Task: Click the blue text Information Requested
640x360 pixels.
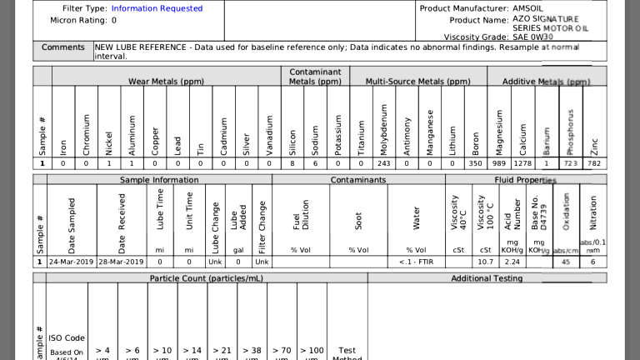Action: pyautogui.click(x=157, y=8)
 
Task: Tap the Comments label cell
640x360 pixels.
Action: pyautogui.click(x=63, y=47)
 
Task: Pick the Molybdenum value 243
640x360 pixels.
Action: pyautogui.click(x=384, y=163)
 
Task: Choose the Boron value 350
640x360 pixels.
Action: pyautogui.click(x=475, y=163)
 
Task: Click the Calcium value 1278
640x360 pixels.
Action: pyautogui.click(x=522, y=163)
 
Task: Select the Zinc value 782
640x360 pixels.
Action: pyautogui.click(x=593, y=163)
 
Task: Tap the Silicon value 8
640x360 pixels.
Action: pyautogui.click(x=292, y=163)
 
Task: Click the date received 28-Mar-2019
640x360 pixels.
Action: pyautogui.click(x=122, y=262)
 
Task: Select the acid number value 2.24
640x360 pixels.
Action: pyautogui.click(x=512, y=262)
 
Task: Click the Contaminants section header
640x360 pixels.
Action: pyautogui.click(x=357, y=180)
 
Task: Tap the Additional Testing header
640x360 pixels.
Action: pyautogui.click(x=487, y=278)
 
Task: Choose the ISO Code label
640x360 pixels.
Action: pyautogui.click(x=67, y=338)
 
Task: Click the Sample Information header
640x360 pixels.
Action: pyautogui.click(x=159, y=180)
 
